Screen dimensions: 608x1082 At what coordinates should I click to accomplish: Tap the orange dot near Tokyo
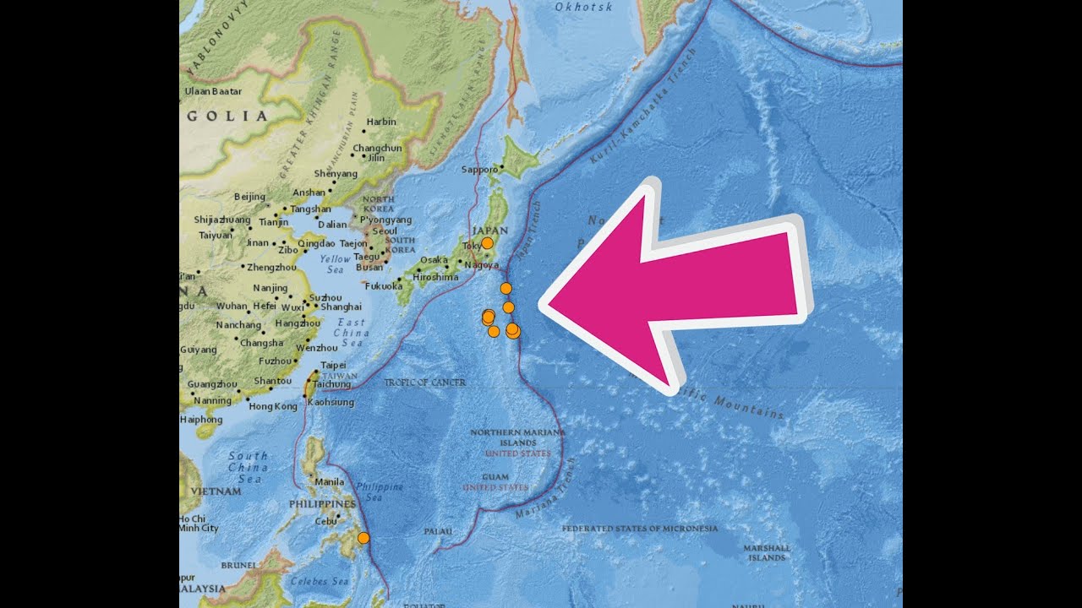pyautogui.click(x=487, y=243)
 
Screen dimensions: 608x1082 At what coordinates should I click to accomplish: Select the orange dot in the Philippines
pyautogui.click(x=363, y=538)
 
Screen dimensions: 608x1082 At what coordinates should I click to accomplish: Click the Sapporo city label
pyautogui.click(x=479, y=170)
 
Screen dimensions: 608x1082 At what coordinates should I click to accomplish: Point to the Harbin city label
pyautogui.click(x=381, y=122)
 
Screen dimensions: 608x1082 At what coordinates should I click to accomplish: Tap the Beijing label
pyautogui.click(x=249, y=197)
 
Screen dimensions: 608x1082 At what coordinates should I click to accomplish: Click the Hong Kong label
pyautogui.click(x=274, y=406)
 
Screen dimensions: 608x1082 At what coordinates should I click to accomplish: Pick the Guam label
pyautogui.click(x=495, y=477)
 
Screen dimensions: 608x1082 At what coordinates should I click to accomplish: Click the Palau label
pyautogui.click(x=438, y=531)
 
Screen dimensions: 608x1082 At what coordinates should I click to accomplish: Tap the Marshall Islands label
pyautogui.click(x=767, y=553)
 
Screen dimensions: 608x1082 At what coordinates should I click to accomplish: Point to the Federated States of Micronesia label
pyautogui.click(x=640, y=529)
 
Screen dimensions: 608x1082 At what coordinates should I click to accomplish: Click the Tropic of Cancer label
pyautogui.click(x=424, y=383)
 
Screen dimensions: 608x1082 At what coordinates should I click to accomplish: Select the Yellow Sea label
pyautogui.click(x=336, y=263)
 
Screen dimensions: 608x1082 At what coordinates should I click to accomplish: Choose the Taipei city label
pyautogui.click(x=333, y=366)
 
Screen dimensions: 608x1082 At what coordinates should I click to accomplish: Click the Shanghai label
pyautogui.click(x=342, y=307)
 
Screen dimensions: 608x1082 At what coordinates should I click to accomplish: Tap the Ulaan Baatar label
pyautogui.click(x=213, y=91)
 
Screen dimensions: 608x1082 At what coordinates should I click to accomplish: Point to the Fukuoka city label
pyautogui.click(x=384, y=285)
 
